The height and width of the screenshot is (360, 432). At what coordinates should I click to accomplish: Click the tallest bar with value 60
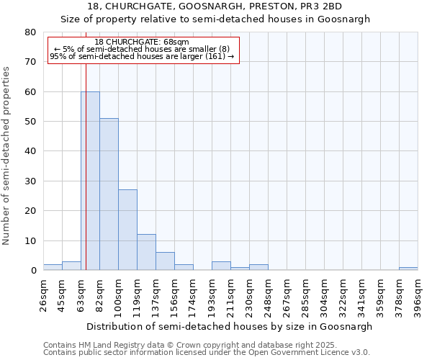click(90, 181)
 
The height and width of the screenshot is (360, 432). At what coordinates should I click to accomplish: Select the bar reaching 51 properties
click(109, 194)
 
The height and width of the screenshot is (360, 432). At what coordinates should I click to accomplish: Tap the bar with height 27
click(127, 230)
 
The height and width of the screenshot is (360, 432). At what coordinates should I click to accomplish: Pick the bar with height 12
click(146, 252)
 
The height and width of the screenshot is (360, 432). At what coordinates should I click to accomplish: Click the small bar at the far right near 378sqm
click(408, 269)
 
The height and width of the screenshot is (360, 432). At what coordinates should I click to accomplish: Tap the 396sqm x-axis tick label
click(418, 293)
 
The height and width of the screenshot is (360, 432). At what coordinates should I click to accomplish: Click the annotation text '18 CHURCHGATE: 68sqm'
click(142, 42)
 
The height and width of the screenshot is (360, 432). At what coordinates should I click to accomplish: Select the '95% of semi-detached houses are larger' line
click(142, 56)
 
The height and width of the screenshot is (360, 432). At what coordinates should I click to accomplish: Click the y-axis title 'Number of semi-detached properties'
click(6, 155)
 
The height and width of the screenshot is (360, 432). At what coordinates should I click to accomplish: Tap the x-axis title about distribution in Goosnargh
click(228, 326)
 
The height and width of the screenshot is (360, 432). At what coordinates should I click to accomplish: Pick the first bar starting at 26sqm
click(53, 267)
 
